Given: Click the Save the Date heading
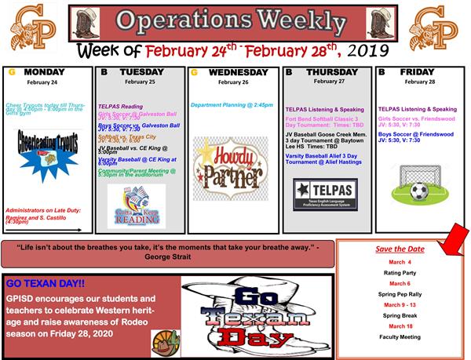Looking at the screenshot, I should (400, 249).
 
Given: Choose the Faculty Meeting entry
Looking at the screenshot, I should (400, 336).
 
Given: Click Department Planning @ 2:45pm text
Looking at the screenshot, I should (231, 104).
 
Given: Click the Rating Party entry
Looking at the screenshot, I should (400, 272).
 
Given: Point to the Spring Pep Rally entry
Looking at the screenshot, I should (400, 293).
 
